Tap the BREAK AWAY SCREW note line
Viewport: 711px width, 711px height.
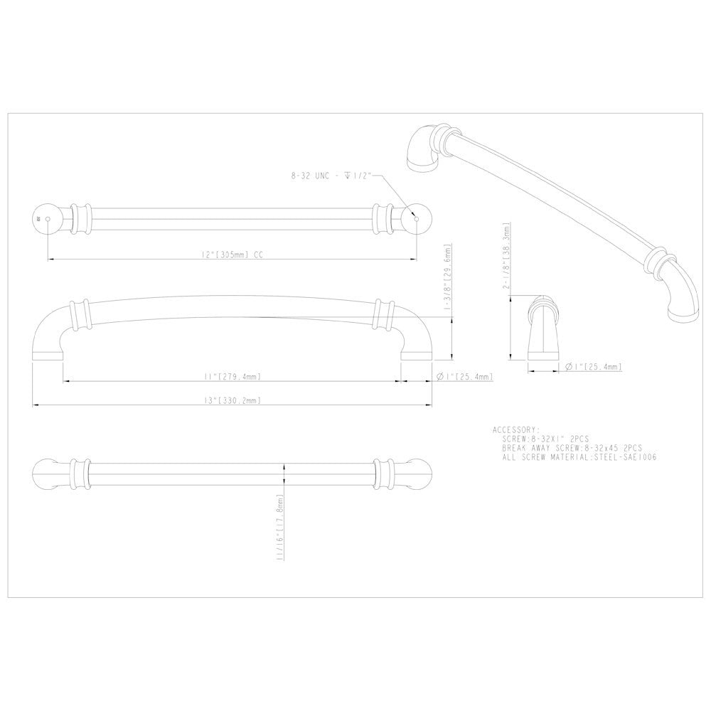[572, 449]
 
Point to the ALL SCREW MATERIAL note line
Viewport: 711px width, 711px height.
[579, 457]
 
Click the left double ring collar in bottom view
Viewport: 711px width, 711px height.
[79, 474]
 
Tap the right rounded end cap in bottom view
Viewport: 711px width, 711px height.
[419, 474]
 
